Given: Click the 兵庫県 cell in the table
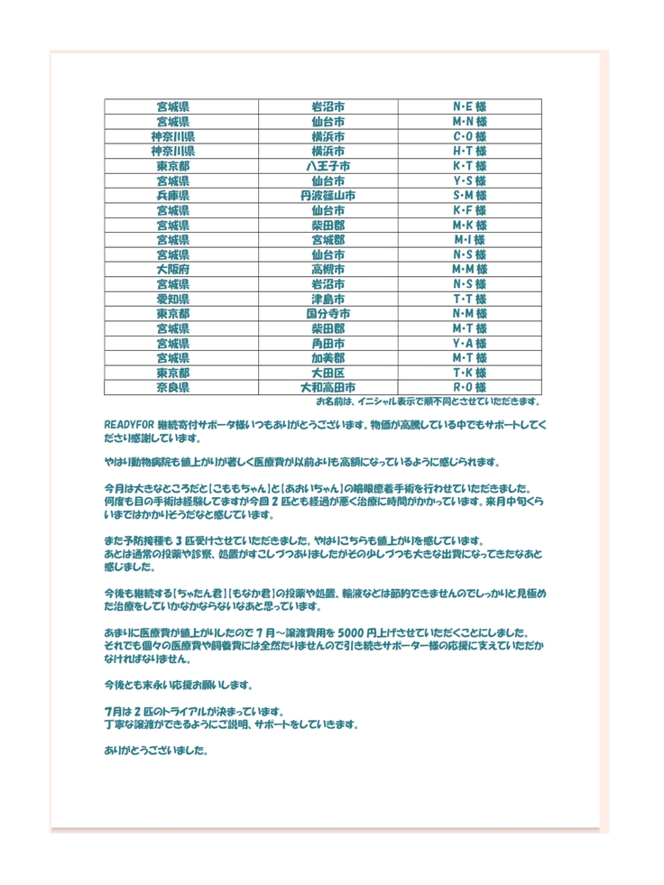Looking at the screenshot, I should coord(172,195).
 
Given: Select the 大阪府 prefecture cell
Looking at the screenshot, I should coord(172,270).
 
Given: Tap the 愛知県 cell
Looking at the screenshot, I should coord(172,299).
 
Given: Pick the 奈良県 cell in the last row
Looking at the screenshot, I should coord(172,388).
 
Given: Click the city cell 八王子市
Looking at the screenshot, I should coord(327,166).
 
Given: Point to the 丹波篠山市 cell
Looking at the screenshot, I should coord(327,195).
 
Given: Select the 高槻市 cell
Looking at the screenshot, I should coord(327,270).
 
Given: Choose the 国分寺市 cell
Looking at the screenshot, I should coord(327,314).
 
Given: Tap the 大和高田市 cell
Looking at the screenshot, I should coord(327,388).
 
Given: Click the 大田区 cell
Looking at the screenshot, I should coord(327,373).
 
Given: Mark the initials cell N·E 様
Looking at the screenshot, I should coord(469,106).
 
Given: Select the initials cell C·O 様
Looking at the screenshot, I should coord(469,136).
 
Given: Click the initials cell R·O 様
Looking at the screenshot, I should coord(469,388).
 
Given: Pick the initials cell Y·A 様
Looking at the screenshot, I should coord(469,344).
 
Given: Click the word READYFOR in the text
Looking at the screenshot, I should coord(129,424).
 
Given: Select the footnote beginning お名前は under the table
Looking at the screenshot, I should coord(429,401).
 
